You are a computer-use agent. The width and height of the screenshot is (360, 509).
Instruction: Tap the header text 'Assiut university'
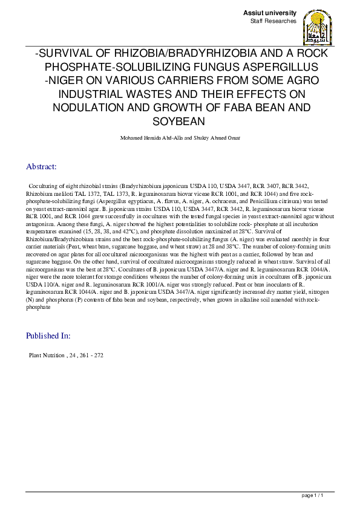(270, 13)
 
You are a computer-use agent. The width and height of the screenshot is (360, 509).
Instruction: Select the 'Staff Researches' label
(273, 21)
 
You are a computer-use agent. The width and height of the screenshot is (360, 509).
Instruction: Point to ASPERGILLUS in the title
(284, 67)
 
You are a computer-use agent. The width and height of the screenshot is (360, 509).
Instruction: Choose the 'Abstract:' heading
(41, 166)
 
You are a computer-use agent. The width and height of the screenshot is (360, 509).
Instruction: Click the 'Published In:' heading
(48, 336)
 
